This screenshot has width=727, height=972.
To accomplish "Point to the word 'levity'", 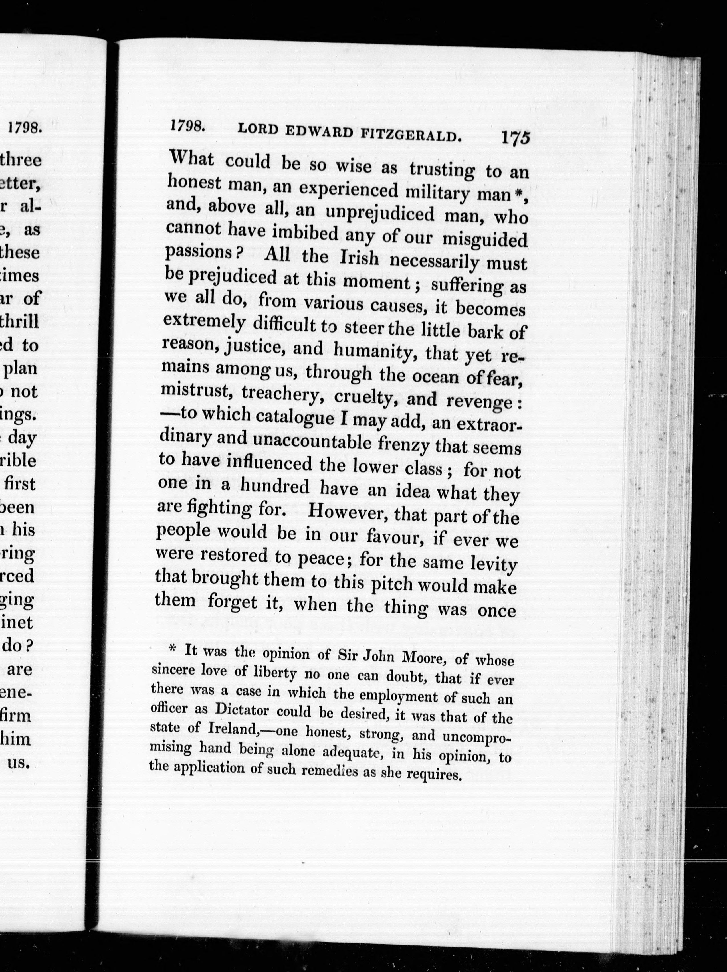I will (x=494, y=564).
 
